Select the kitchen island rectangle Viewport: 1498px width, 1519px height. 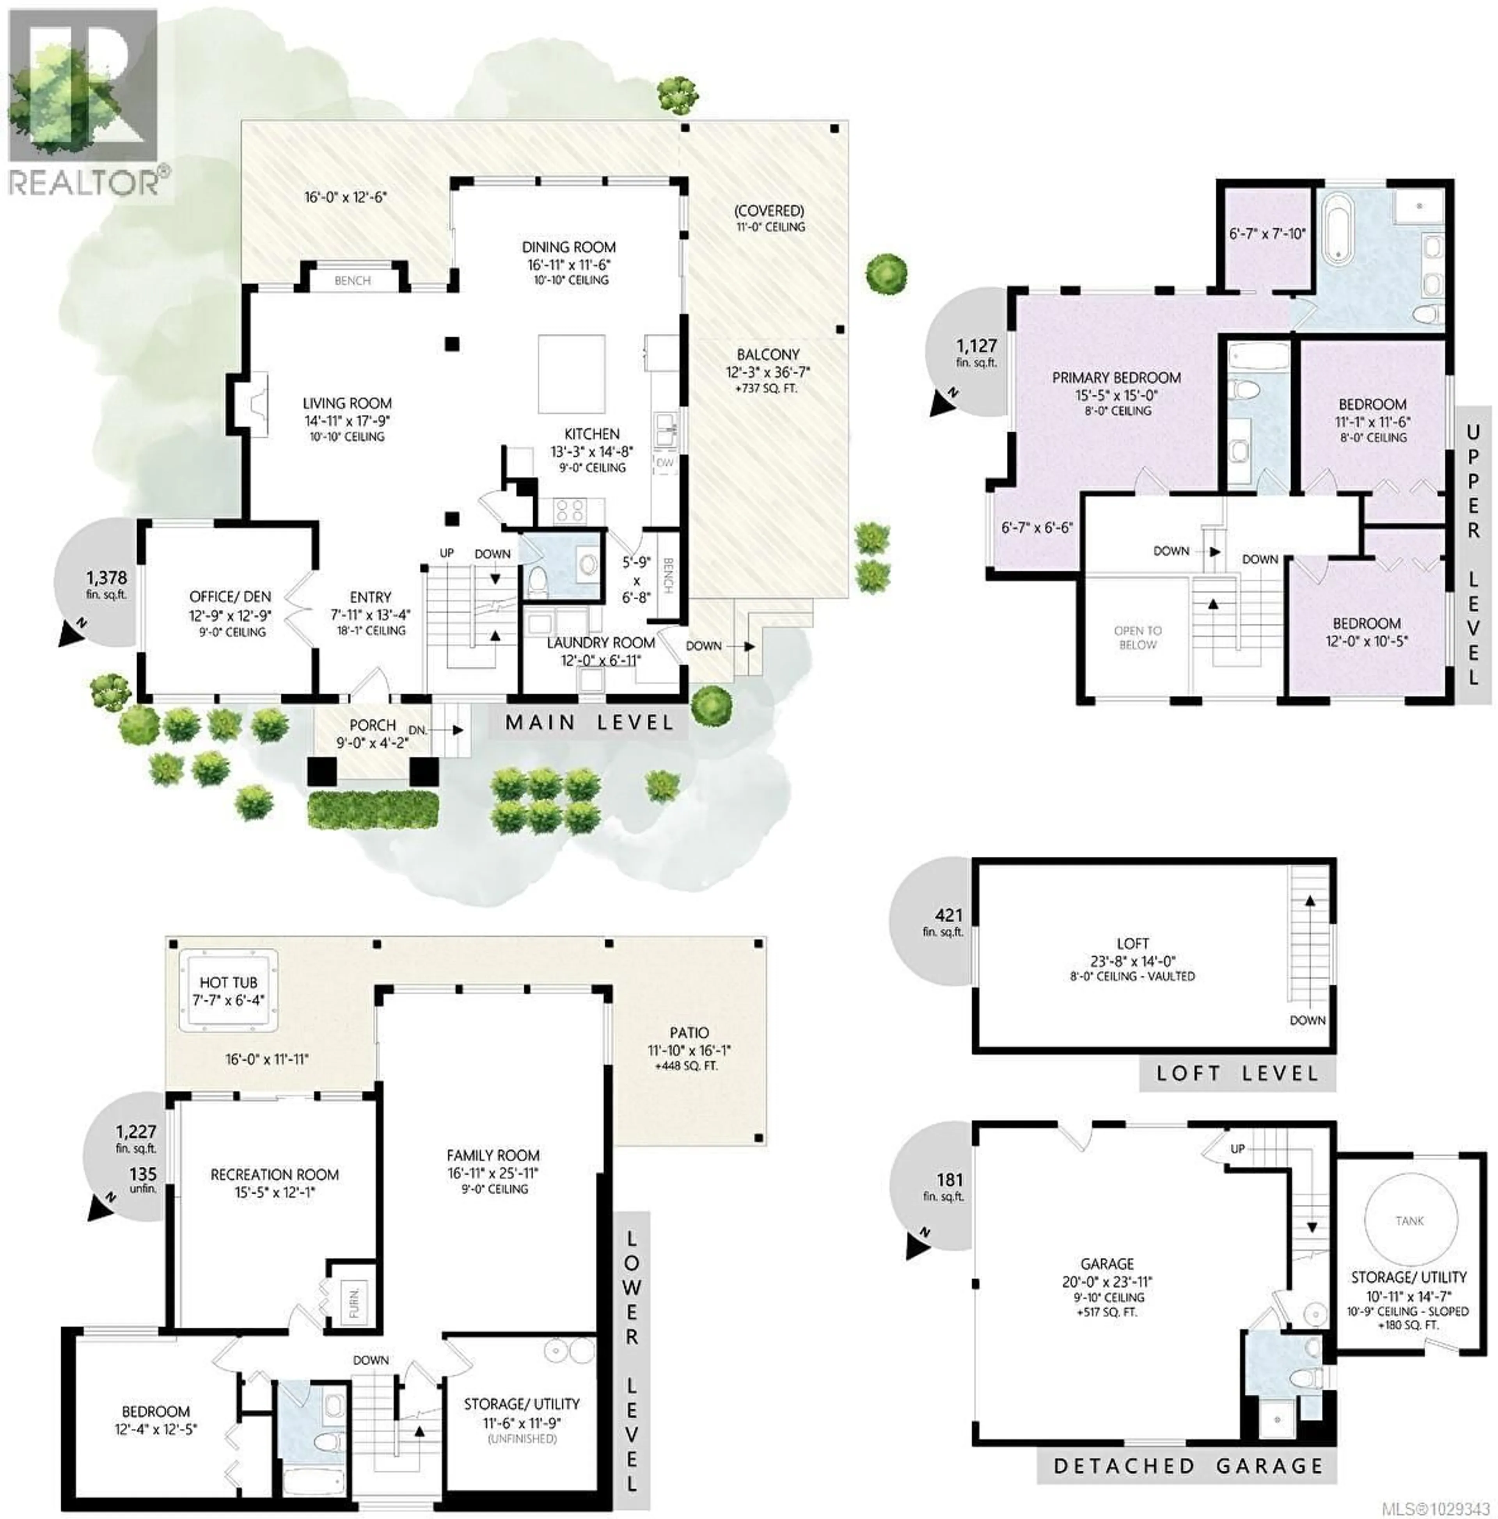(x=572, y=374)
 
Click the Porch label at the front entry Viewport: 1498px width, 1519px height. (x=373, y=725)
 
